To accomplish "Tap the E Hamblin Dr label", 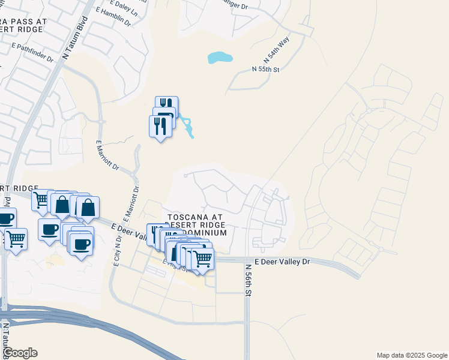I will click(x=112, y=17).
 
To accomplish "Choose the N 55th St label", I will click(x=266, y=70).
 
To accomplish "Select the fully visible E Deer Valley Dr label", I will click(x=282, y=262).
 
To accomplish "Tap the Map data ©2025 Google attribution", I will click(x=411, y=355).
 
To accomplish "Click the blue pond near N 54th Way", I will click(x=220, y=58).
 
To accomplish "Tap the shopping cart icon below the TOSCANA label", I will click(x=203, y=259).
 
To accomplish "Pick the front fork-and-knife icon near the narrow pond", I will click(x=159, y=126).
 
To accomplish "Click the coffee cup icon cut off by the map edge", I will click(x=5, y=218).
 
